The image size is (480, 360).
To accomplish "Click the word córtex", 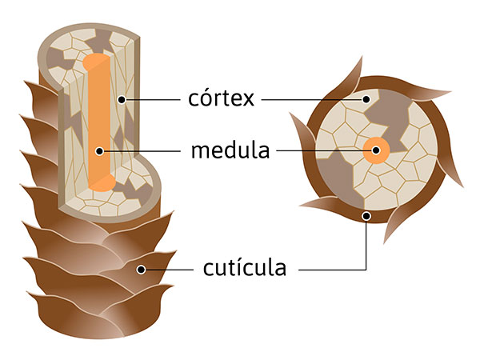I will click(x=221, y=99).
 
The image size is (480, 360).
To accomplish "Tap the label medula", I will click(x=230, y=150).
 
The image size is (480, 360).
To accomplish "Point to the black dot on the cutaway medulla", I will click(x=98, y=150).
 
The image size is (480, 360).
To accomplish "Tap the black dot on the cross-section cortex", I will click(x=367, y=100).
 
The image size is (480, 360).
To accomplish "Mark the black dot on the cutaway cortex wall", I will click(x=121, y=100).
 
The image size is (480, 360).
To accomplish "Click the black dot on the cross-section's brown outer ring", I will click(x=366, y=215).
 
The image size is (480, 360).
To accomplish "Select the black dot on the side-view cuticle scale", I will click(x=141, y=270).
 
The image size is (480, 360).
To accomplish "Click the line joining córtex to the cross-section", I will click(x=312, y=100).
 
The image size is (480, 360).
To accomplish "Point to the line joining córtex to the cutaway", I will click(x=152, y=100).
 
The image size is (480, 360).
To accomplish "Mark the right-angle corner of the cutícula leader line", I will click(x=366, y=270).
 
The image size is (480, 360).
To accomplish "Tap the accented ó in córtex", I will click(x=209, y=99).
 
